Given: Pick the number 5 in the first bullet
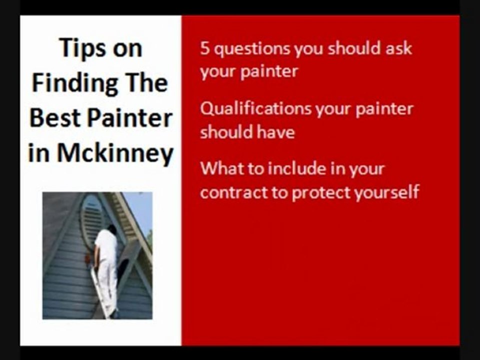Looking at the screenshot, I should tap(204, 48).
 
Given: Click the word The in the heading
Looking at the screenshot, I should tap(149, 83).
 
